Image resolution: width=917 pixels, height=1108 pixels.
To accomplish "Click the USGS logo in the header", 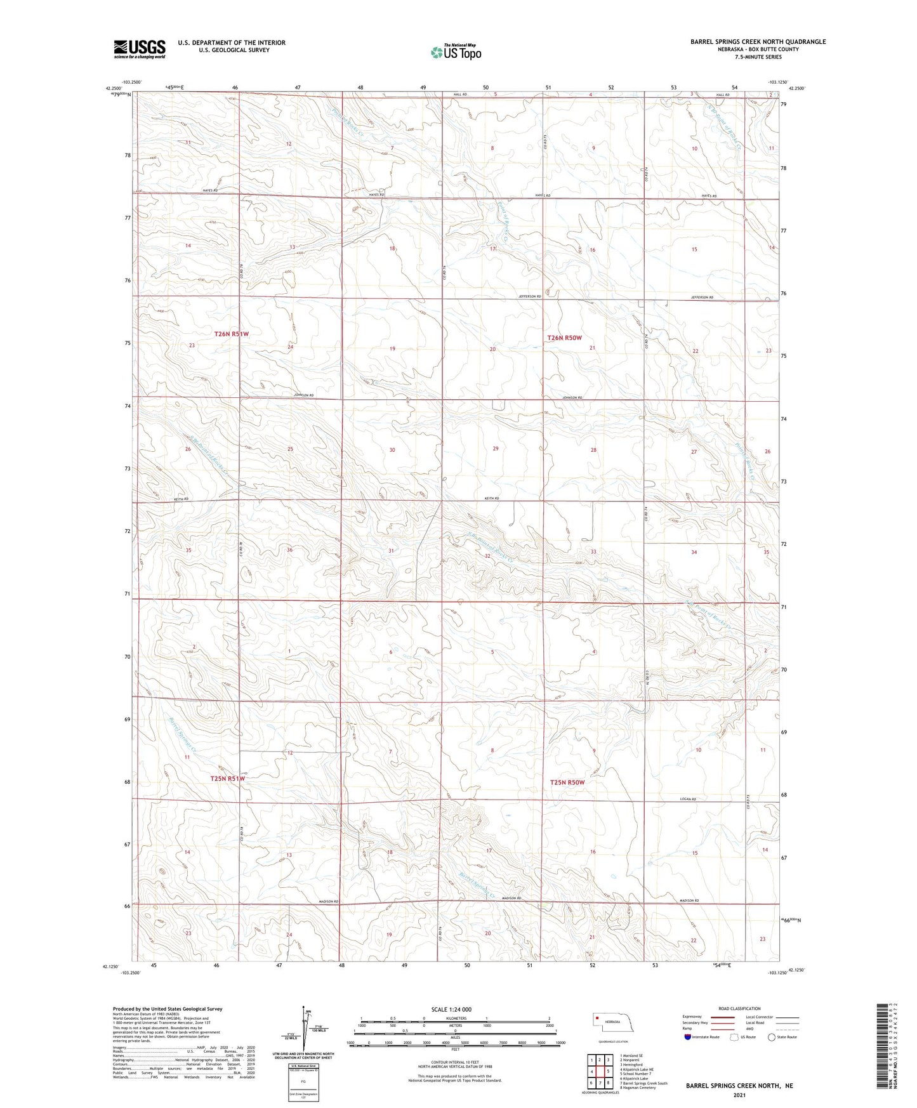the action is click(x=140, y=48).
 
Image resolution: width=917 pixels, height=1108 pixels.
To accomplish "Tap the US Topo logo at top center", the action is click(x=456, y=52).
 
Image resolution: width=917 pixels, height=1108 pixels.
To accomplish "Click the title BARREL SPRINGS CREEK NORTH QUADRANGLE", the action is click(x=758, y=42).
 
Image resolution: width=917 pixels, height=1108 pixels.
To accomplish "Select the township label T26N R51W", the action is click(x=231, y=334).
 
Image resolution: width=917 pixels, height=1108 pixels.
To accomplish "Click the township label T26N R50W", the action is click(x=564, y=338).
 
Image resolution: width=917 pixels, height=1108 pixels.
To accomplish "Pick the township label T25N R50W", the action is click(x=567, y=782).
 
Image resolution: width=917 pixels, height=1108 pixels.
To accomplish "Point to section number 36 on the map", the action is click(x=289, y=550).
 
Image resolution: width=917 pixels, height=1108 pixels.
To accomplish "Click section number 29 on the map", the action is click(x=496, y=449).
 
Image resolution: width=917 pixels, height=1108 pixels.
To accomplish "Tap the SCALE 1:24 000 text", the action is click(x=451, y=1009).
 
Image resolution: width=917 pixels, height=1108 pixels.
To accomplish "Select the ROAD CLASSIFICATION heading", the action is click(x=739, y=1008).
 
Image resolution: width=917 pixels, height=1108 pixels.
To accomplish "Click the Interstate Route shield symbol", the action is click(x=688, y=1037).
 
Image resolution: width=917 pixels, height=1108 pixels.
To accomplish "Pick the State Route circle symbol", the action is click(x=771, y=1037).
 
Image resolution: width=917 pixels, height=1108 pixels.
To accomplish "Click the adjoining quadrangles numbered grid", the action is click(x=599, y=1073).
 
